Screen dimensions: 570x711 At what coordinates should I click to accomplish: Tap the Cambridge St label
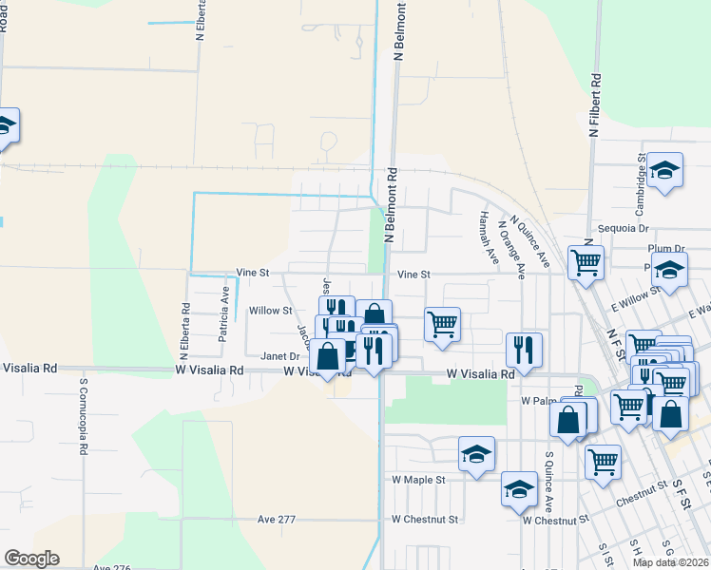tap(641, 176)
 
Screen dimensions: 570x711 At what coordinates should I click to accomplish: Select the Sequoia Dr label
tap(624, 229)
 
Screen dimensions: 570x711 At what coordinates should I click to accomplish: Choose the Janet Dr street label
tap(280, 356)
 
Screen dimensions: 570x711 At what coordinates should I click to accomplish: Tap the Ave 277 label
tap(279, 520)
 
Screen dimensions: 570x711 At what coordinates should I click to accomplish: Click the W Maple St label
tap(418, 480)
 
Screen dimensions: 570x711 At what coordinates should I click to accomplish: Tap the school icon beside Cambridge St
tap(665, 170)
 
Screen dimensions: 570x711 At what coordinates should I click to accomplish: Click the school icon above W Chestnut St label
tap(520, 488)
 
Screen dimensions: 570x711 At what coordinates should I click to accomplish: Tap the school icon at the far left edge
tap(6, 125)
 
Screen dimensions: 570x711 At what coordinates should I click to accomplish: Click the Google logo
tap(31, 559)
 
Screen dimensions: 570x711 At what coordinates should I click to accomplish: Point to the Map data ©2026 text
tap(669, 562)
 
